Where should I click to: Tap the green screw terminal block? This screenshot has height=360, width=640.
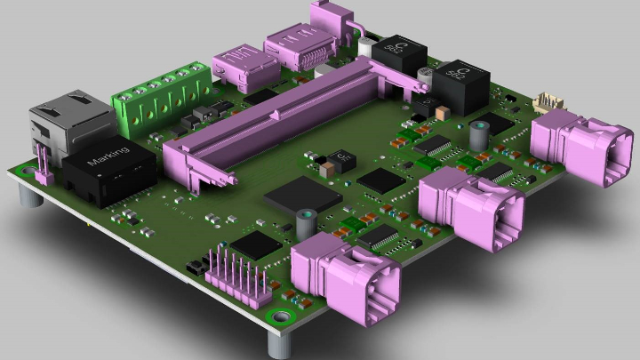[160, 94]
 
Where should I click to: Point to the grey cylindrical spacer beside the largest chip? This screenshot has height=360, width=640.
[307, 222]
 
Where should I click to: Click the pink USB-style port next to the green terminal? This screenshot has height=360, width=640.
[238, 67]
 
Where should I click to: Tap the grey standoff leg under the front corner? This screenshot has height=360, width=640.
[276, 343]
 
